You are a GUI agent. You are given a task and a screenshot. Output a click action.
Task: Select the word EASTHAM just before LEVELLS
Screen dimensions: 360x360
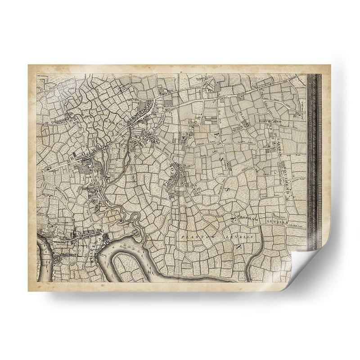252,217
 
